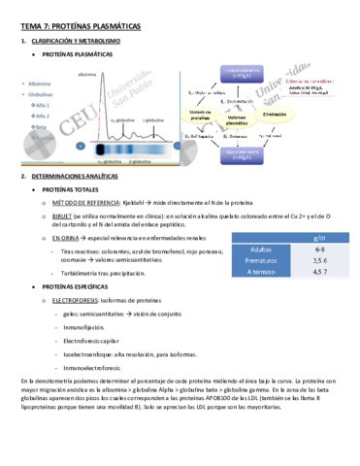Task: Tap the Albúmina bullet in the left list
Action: coord(42,84)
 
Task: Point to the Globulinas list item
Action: coord(44,94)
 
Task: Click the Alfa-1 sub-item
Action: coord(45,105)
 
